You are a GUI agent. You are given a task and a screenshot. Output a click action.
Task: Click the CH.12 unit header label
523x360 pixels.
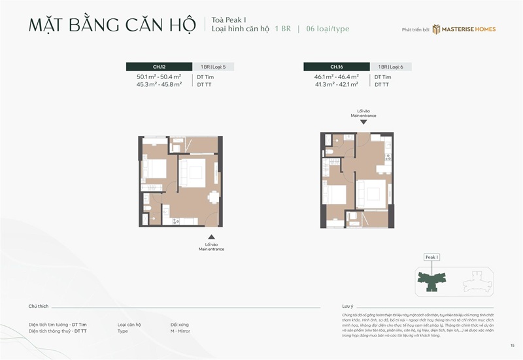(x=159, y=67)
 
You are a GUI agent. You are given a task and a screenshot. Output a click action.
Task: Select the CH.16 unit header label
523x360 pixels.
(x=337, y=67)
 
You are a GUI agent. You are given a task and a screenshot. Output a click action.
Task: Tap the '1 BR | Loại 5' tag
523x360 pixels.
(x=213, y=67)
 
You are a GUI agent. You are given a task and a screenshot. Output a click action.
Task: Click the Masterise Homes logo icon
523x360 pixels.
(x=435, y=29)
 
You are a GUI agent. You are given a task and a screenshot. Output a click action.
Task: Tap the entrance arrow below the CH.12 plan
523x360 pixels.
(x=211, y=237)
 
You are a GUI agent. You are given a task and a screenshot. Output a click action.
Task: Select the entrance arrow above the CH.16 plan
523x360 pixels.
(x=363, y=122)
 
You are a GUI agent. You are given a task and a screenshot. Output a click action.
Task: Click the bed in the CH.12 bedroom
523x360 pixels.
(x=155, y=169)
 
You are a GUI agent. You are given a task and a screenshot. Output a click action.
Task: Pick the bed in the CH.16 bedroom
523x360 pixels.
(x=337, y=195)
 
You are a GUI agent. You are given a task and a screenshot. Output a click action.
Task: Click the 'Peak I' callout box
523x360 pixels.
(x=431, y=257)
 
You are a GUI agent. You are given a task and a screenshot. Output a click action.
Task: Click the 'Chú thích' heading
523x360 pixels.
(x=38, y=306)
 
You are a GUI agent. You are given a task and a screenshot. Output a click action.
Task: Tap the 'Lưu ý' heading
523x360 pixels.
(x=347, y=306)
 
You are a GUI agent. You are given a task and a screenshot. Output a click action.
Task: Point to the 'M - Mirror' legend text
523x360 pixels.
(x=182, y=331)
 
